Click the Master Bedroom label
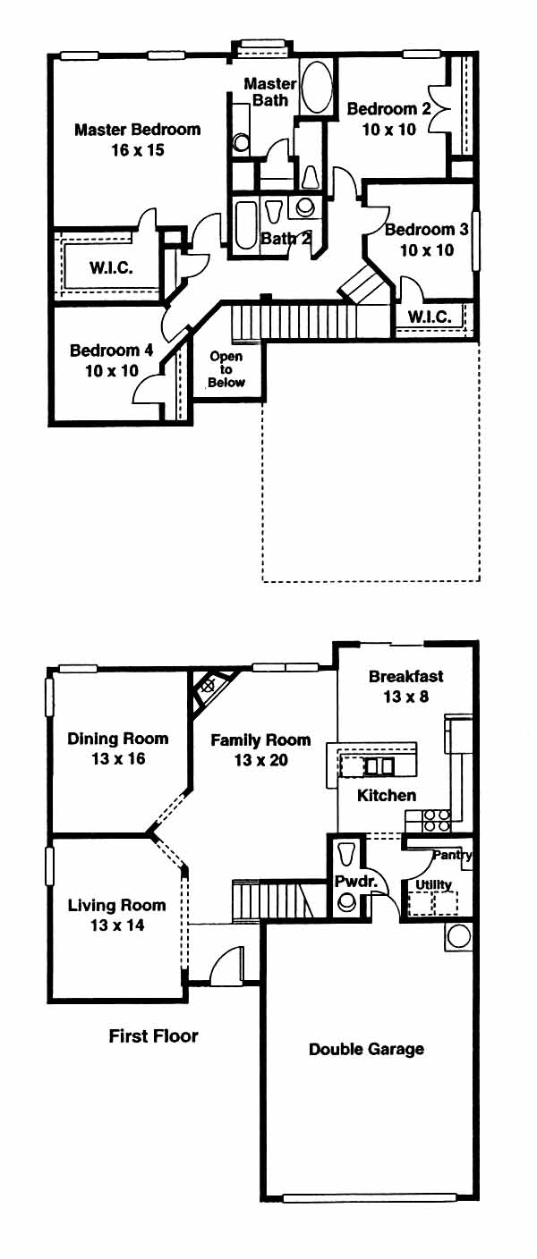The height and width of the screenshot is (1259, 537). pyautogui.click(x=137, y=130)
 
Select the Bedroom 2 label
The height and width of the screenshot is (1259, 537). pyautogui.click(x=388, y=108)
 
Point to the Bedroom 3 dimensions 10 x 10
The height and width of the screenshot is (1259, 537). pyautogui.click(x=427, y=250)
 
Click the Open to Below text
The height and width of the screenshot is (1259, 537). pyautogui.click(x=226, y=369)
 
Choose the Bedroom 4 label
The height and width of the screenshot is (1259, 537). pyautogui.click(x=111, y=351)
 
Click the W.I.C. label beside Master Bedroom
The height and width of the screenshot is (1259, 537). pyautogui.click(x=111, y=267)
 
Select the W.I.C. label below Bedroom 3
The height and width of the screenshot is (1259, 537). pyautogui.click(x=429, y=317)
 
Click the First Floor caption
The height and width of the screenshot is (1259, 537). pyautogui.click(x=154, y=1035)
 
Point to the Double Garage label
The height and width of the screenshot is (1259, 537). pyautogui.click(x=367, y=1050)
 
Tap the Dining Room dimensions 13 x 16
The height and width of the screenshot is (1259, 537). pyautogui.click(x=118, y=759)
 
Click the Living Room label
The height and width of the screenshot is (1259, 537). pyautogui.click(x=117, y=906)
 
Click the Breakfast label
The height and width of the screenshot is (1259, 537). pyautogui.click(x=406, y=676)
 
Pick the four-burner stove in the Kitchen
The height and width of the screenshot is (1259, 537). pyautogui.click(x=437, y=820)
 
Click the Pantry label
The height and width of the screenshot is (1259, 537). pyautogui.click(x=452, y=856)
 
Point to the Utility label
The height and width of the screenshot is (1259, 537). pyautogui.click(x=433, y=885)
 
